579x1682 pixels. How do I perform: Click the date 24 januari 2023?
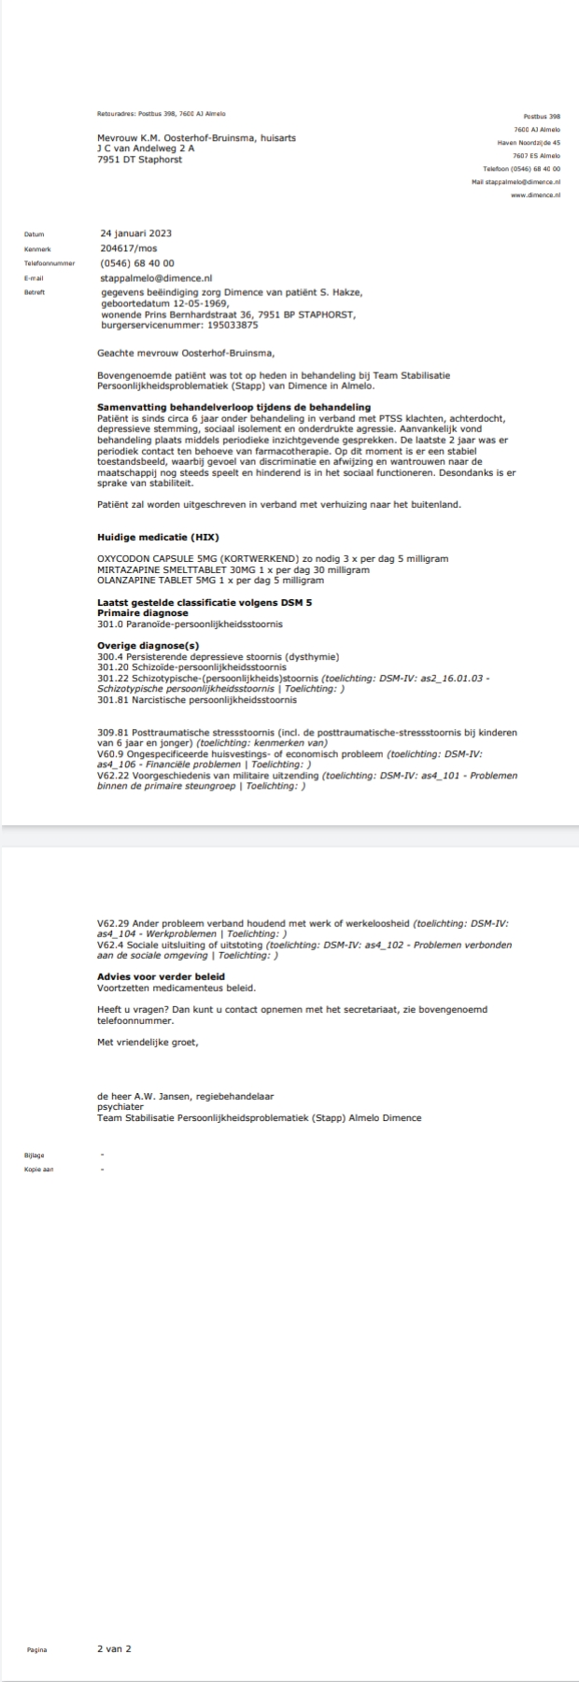pos(135,233)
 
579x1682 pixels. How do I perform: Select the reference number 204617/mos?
pos(129,248)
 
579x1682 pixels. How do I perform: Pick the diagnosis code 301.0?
pos(109,624)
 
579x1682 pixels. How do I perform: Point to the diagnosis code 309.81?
pos(112,733)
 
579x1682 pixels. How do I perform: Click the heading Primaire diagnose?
pos(142,613)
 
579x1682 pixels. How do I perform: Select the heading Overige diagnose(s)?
pos(148,646)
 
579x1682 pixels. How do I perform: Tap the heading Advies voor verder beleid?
pos(162,977)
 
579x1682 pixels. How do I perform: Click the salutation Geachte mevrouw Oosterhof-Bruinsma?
pos(187,353)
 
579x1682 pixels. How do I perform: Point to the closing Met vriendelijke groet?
pos(148,1042)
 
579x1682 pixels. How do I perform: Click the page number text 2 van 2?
pos(114,1648)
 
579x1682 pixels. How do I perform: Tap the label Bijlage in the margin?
pos(35,1155)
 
